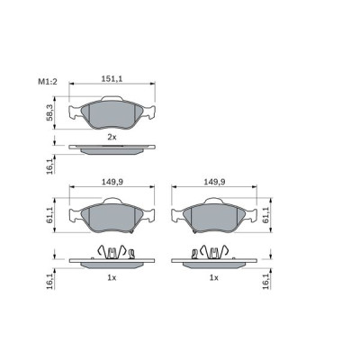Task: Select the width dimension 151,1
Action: point(112,79)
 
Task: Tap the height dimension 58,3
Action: point(51,112)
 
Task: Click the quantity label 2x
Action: point(112,136)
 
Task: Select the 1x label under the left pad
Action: point(112,278)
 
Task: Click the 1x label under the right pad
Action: point(214,278)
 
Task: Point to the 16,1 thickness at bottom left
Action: point(51,281)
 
